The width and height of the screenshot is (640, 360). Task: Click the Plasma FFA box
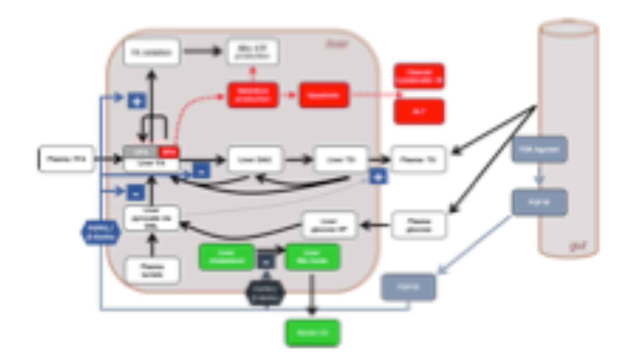(x=66, y=159)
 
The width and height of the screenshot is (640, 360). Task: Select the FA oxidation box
(x=152, y=52)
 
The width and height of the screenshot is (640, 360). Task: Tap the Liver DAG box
(x=255, y=160)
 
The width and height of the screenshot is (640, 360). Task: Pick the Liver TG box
(x=341, y=160)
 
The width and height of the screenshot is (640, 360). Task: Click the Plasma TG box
(x=418, y=160)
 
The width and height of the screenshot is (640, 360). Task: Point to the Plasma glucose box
(x=418, y=225)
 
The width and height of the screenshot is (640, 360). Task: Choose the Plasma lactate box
(x=152, y=270)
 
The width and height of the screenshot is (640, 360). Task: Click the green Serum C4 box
(x=313, y=333)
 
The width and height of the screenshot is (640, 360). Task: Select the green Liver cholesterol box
(x=227, y=257)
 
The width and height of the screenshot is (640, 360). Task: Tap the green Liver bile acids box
(x=313, y=257)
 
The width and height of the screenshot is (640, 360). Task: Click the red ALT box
(x=419, y=112)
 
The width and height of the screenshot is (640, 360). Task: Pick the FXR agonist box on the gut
(x=539, y=149)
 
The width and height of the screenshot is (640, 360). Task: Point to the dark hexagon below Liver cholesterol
(x=266, y=292)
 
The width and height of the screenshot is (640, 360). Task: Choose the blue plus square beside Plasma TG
(x=378, y=177)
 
